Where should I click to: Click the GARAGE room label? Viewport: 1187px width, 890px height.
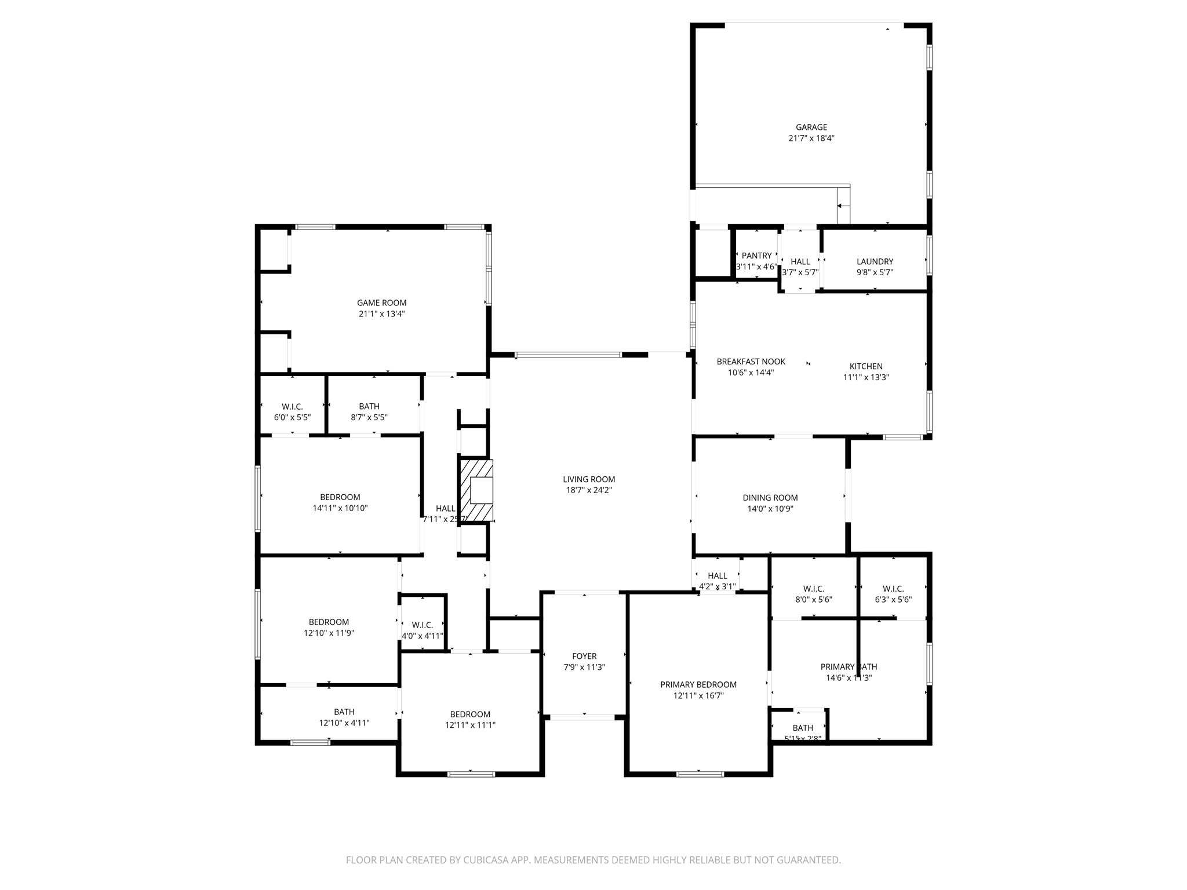[811, 127]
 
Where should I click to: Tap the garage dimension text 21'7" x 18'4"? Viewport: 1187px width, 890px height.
[811, 138]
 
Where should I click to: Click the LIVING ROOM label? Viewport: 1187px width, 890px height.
[589, 479]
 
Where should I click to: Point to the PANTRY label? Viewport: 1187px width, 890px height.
[756, 256]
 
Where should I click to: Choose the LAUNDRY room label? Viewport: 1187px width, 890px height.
[875, 261]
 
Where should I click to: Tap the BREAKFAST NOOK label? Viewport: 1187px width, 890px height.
[751, 362]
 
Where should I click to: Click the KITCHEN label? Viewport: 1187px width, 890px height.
[866, 366]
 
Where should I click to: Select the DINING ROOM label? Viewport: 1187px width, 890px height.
[770, 498]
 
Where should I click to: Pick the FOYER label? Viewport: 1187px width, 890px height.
[584, 656]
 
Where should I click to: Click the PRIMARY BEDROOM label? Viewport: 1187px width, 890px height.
[698, 685]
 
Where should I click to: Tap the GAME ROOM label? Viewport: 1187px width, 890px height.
[381, 302]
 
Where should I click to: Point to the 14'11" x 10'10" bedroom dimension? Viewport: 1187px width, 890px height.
[340, 508]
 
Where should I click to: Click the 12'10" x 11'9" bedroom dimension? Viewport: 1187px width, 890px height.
[329, 633]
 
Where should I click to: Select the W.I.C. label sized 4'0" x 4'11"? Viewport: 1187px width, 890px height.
[422, 625]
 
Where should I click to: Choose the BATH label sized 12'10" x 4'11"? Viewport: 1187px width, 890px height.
[344, 712]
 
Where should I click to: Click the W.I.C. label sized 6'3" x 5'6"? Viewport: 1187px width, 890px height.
[893, 589]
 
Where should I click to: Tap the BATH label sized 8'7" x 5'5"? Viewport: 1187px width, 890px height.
[369, 406]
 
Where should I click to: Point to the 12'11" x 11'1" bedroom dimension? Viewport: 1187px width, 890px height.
[470, 725]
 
